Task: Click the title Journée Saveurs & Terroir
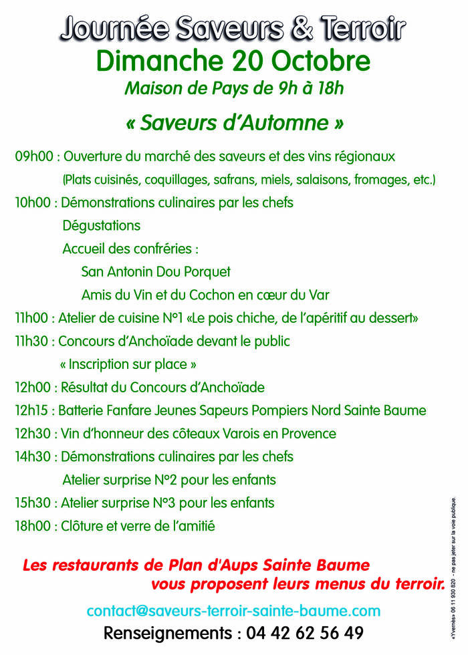(x=233, y=29)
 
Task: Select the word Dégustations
(x=102, y=226)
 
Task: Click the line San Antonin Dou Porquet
(x=156, y=272)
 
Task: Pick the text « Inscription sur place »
(x=128, y=365)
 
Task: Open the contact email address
(x=233, y=611)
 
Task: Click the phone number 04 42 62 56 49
(x=305, y=634)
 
